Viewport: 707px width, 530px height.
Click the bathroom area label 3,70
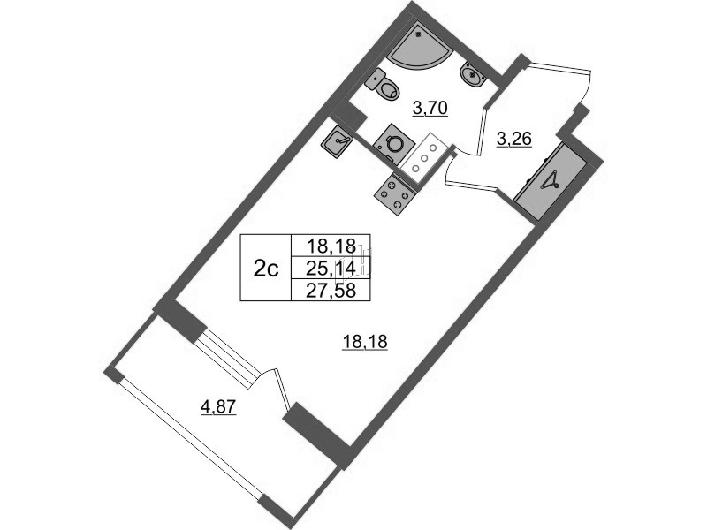click(x=430, y=108)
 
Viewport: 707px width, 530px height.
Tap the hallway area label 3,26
click(x=514, y=139)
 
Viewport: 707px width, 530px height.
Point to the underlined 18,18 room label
click(x=365, y=343)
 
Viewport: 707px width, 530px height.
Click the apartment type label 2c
click(x=266, y=269)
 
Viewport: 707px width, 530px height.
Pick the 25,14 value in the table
click(x=331, y=269)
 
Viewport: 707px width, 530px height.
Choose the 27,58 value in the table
click(x=331, y=291)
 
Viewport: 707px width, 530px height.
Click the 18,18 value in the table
click(x=331, y=246)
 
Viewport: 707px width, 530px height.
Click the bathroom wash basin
click(x=473, y=76)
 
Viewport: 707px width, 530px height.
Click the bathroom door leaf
click(x=481, y=130)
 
